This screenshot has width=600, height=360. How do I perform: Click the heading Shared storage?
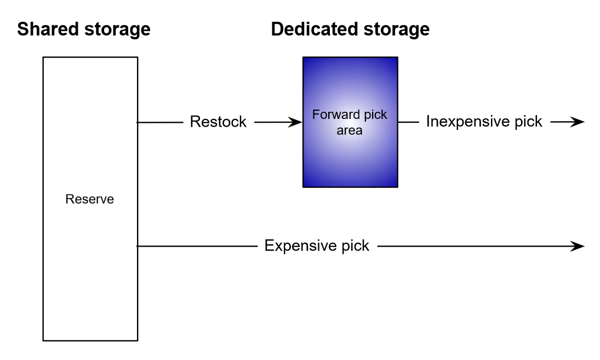83,29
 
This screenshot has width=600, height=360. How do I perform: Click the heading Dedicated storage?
350,29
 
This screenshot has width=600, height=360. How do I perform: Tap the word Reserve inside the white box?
90,199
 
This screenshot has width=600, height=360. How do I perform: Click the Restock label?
218,122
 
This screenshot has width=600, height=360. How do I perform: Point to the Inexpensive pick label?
484,122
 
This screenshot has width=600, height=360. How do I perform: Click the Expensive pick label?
317,245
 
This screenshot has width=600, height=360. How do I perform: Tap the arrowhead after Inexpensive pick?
579,122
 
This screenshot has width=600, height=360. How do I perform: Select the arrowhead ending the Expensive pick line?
579,246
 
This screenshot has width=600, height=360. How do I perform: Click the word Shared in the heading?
44,29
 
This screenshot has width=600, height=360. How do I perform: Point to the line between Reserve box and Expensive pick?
197,246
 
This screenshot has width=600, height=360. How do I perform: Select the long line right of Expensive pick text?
471,246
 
